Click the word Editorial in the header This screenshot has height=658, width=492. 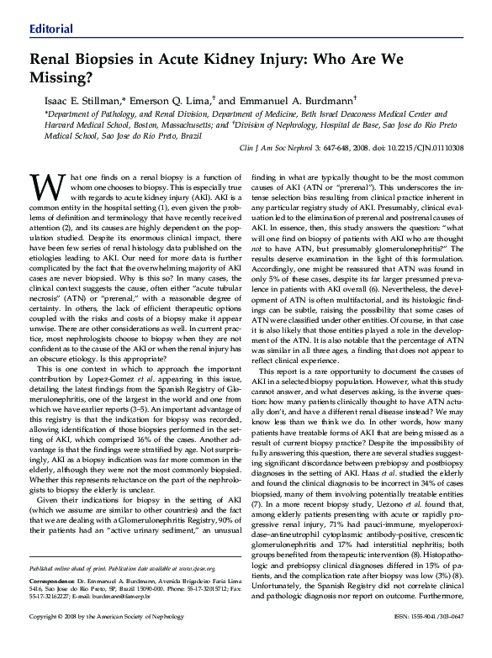point(51,29)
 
